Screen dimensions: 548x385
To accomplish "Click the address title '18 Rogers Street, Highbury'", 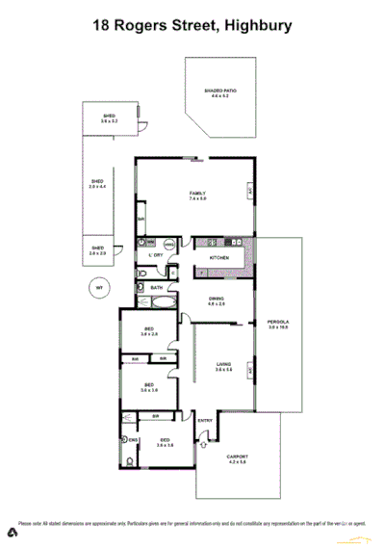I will pyautogui.click(x=192, y=27).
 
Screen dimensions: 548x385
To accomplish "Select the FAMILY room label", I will pyautogui.click(x=197, y=196).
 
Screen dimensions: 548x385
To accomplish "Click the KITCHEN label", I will pyautogui.click(x=219, y=260).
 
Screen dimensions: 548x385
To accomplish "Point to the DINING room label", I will pyautogui.click(x=217, y=300).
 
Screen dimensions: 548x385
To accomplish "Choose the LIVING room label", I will pyautogui.click(x=224, y=367).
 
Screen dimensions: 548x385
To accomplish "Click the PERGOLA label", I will pyautogui.click(x=279, y=325).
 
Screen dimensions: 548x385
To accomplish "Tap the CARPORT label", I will pyautogui.click(x=237, y=460).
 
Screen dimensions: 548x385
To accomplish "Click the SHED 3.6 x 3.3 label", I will pyautogui.click(x=109, y=120).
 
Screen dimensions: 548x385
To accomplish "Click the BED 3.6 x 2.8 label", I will pyautogui.click(x=149, y=335).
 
